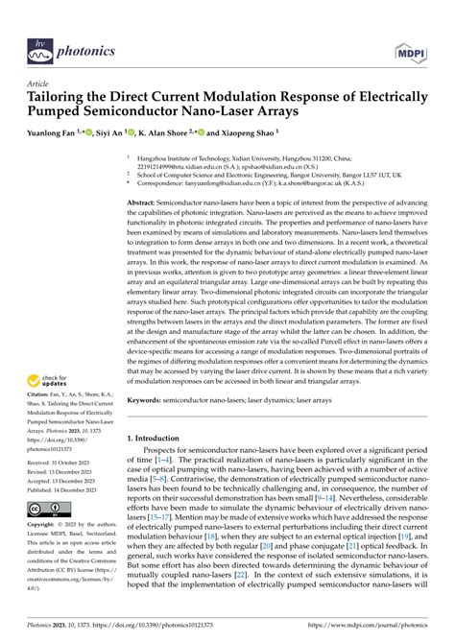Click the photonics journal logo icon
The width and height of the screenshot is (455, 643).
tap(37, 24)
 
